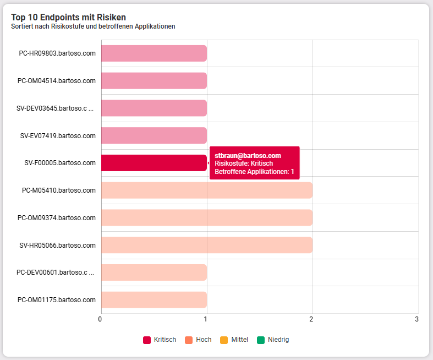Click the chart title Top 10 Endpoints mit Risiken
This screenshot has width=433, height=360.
tap(68, 17)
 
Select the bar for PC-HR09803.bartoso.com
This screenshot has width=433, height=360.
tap(154, 53)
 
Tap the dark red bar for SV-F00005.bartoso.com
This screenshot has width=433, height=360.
tap(154, 163)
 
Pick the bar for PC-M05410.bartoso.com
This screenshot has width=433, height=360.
tap(207, 190)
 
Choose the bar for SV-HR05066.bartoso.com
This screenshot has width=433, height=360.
tap(207, 245)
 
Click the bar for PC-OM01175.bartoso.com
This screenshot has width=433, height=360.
tap(154, 300)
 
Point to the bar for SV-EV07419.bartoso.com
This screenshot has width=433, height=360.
tap(154, 135)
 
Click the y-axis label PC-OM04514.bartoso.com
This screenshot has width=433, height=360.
tap(57, 81)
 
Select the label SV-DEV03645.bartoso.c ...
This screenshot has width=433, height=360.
tap(52, 108)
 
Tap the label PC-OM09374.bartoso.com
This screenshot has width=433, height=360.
tap(57, 218)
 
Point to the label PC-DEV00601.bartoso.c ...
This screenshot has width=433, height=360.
tap(52, 272)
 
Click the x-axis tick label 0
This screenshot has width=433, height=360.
tap(100, 319)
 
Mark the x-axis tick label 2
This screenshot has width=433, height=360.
tap(311, 319)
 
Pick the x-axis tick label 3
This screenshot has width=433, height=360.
tap(416, 319)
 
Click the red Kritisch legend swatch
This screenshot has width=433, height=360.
tap(147, 340)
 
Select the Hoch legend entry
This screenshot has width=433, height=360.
tap(198, 340)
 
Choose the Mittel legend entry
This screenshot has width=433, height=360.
tap(234, 340)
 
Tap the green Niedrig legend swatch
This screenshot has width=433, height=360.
tap(261, 340)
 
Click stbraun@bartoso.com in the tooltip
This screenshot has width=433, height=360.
tap(248, 156)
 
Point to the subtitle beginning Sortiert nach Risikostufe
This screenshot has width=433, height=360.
tap(93, 26)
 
